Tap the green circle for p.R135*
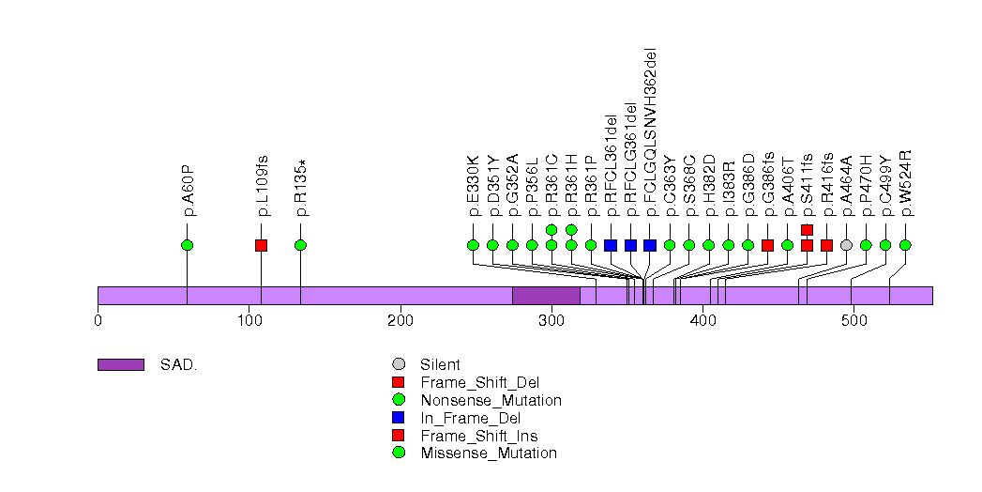pos(300,245)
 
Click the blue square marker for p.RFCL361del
pos(611,245)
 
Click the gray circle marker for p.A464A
pos(846,245)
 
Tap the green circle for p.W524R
pos(905,245)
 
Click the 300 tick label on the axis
pos(551,322)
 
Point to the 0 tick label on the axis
pos(98,322)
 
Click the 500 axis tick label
pos(854,322)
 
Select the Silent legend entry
pos(440,364)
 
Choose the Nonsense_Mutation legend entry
pos(491,400)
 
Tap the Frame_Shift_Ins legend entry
pos(479,436)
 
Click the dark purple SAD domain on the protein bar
pos(546,296)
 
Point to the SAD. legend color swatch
pos(120,364)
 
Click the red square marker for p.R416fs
pos(826,245)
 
